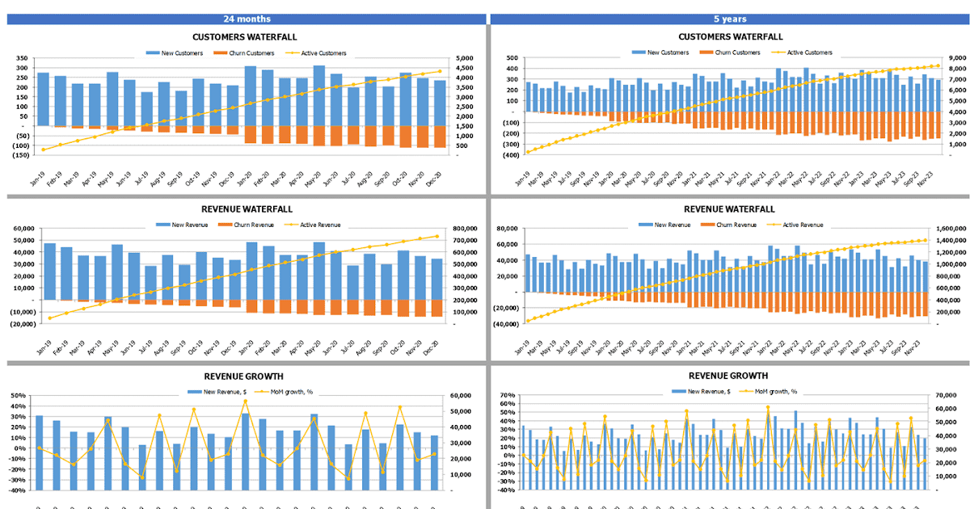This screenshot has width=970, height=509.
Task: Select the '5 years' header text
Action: [729, 19]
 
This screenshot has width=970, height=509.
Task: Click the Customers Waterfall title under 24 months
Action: [244, 36]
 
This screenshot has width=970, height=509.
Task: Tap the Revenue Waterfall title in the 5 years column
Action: [730, 209]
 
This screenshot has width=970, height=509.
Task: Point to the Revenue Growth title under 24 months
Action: [244, 376]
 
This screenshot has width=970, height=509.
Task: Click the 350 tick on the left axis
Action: [20, 58]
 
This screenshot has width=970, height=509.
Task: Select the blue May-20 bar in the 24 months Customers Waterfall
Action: [319, 95]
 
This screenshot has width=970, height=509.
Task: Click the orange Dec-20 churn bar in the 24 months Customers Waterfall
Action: [440, 136]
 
